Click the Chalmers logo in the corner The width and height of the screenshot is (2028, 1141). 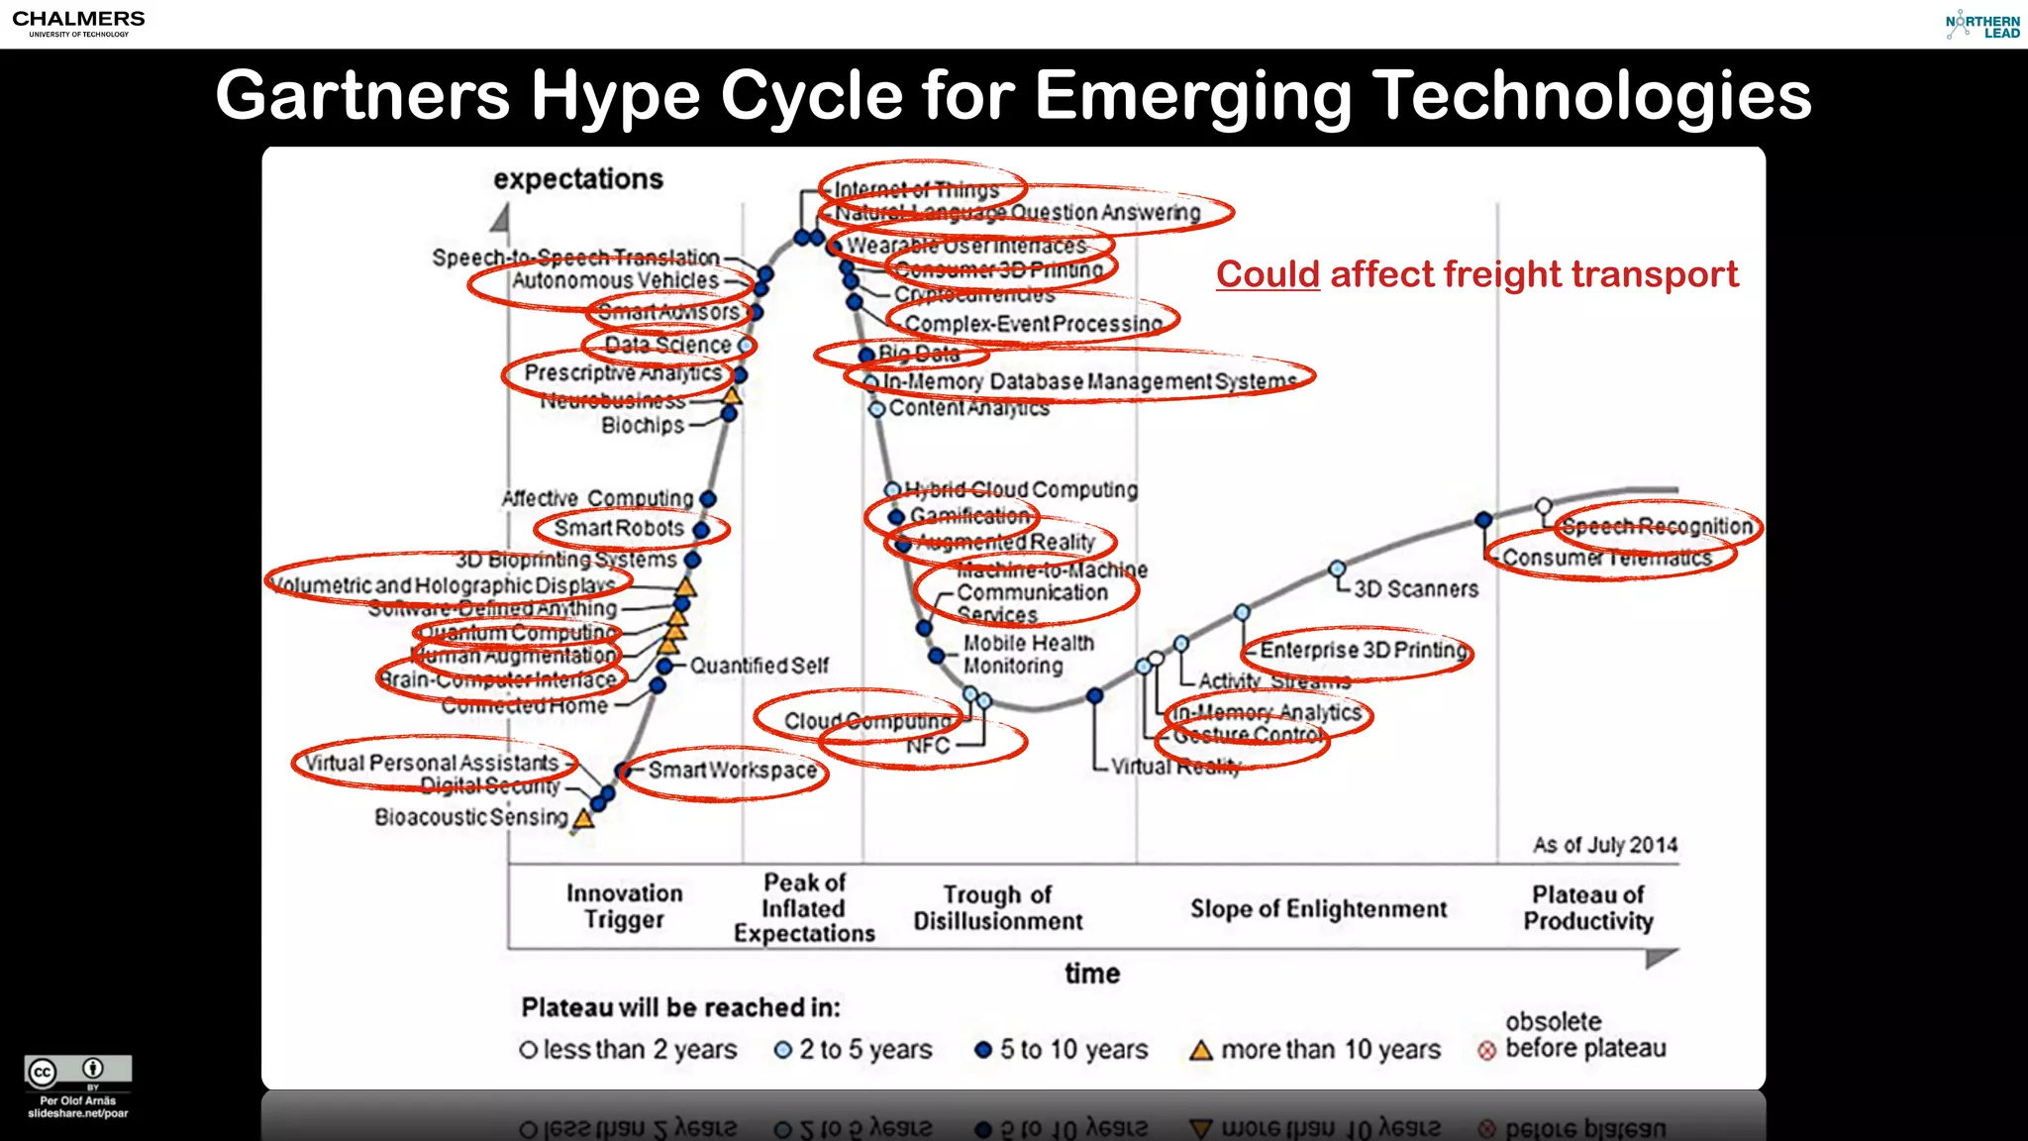point(78,23)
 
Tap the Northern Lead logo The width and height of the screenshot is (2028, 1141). point(1982,26)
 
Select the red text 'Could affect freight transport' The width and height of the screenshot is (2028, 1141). point(1476,274)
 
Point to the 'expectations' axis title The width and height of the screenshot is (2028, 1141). point(578,179)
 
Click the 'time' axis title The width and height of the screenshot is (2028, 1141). point(1092,974)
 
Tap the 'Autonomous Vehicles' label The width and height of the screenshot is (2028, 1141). point(615,281)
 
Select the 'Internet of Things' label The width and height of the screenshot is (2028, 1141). point(916,189)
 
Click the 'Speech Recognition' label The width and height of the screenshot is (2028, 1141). point(1657,527)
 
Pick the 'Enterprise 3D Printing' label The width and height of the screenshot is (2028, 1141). point(1363,651)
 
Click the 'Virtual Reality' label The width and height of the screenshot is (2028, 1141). point(1174,767)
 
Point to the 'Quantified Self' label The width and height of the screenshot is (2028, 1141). point(759,666)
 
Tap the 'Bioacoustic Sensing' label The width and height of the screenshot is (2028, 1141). point(471,817)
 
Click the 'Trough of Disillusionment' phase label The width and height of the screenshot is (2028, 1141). point(997,908)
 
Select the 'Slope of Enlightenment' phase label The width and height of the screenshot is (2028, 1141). point(1318,909)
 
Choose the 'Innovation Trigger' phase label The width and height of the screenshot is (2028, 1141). point(624,906)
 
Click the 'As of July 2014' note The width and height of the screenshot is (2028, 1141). point(1605,845)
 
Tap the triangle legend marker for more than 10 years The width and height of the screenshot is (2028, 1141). point(1201,1050)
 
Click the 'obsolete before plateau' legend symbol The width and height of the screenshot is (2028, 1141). point(1486,1051)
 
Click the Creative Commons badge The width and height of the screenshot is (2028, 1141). point(78,1071)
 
